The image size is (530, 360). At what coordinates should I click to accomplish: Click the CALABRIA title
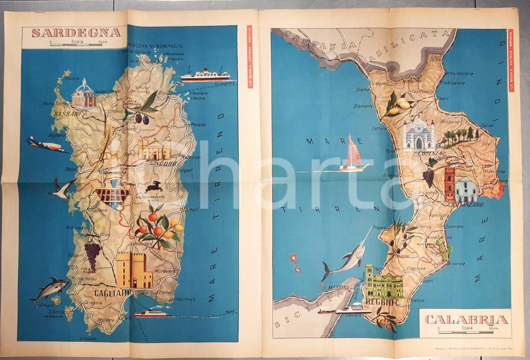point(466,320)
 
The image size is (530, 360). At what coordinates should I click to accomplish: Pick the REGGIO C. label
point(383,302)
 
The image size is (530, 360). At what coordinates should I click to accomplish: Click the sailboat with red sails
point(352,155)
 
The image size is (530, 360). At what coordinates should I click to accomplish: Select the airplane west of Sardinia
point(47,145)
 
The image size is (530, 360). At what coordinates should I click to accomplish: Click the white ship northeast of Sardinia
point(205,75)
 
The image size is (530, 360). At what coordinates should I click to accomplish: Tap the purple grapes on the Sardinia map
point(93,255)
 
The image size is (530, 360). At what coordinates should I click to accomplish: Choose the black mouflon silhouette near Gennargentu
point(154,186)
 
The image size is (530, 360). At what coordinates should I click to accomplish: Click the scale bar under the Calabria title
point(466,331)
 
